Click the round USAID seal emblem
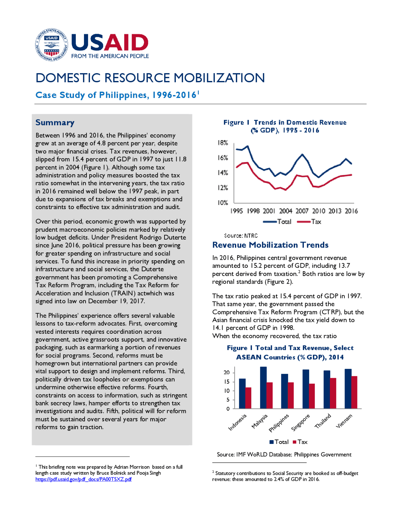coord(52,45)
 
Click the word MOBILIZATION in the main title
coord(219,78)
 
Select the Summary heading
coord(55,123)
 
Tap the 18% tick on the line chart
coord(223,143)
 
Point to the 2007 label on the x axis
coord(302,211)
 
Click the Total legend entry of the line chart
coord(277,222)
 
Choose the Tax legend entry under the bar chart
coord(300,442)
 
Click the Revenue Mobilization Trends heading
coord(270,245)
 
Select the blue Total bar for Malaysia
coord(263,388)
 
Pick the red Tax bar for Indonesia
coord(248,398)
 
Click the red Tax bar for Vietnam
coord(354,392)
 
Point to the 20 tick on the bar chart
coord(227,373)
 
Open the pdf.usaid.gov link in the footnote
coord(84,479)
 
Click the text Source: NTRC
coord(241,236)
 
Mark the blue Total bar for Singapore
coord(306,389)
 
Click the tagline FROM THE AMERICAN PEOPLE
coord(110,56)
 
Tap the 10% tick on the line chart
coord(223,203)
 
